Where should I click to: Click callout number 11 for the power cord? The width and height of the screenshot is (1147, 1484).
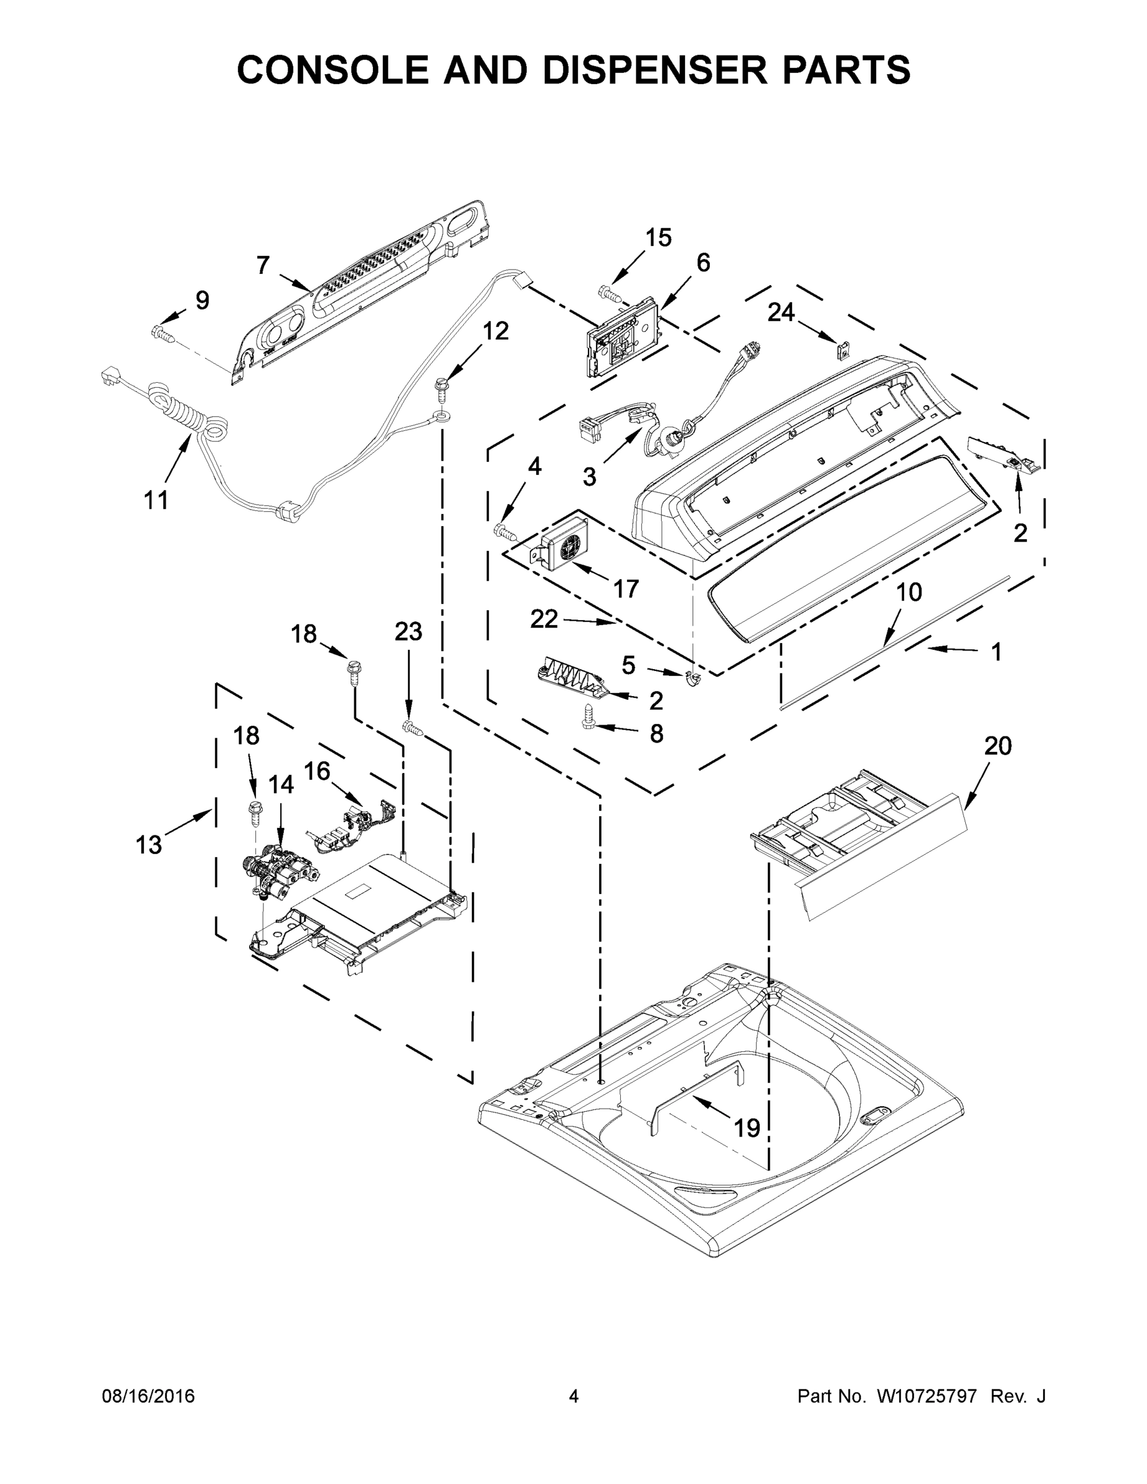coord(156,501)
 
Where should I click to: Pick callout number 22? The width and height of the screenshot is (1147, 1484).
coord(544,618)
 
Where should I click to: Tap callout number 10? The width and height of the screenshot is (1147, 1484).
coord(909,592)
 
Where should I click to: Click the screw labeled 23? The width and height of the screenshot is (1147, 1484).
coord(412,728)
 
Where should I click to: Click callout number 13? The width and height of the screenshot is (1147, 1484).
coord(149,845)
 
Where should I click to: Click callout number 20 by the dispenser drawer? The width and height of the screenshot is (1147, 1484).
coord(997,746)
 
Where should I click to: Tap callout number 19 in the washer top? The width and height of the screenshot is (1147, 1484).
coord(747,1128)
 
